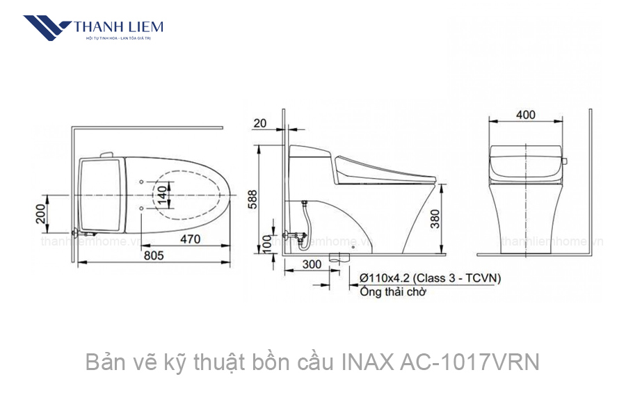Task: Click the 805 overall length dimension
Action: pyautogui.click(x=154, y=255)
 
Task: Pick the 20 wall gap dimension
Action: pyautogui.click(x=260, y=123)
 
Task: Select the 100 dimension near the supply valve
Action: pyautogui.click(x=266, y=243)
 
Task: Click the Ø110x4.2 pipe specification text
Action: pyautogui.click(x=430, y=278)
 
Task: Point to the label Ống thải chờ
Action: pyautogui.click(x=393, y=292)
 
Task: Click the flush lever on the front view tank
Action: pyautogui.click(x=564, y=161)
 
